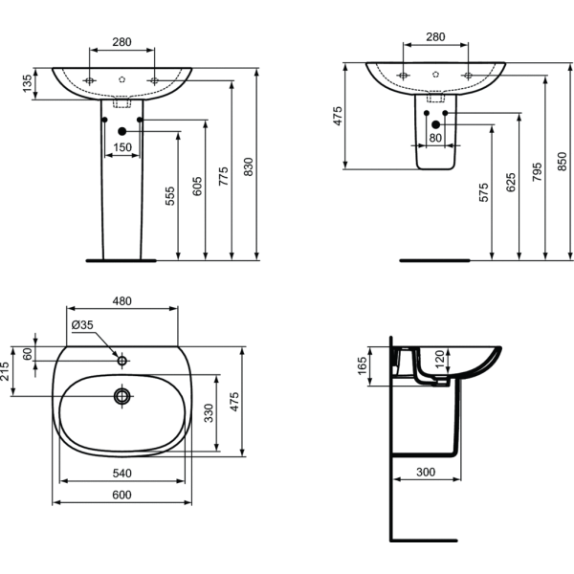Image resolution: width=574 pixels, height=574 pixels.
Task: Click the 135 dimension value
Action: [27, 85]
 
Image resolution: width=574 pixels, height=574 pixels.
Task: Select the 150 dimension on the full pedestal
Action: [122, 146]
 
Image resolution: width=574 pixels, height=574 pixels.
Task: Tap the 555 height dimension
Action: [170, 195]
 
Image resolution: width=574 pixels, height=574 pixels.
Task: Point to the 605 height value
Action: [198, 187]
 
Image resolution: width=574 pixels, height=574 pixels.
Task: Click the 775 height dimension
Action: [225, 176]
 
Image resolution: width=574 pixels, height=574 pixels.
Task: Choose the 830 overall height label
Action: [250, 167]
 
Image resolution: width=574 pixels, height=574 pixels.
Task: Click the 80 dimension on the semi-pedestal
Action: [435, 138]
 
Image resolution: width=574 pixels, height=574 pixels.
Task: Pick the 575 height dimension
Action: [484, 192]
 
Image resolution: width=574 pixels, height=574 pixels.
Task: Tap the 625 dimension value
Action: [511, 182]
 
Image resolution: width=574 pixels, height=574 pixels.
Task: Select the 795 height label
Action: [537, 172]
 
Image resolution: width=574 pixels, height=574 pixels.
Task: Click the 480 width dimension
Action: [122, 300]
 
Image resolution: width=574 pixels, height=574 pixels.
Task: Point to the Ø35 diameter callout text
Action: [82, 325]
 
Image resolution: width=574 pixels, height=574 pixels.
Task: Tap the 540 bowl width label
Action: [122, 472]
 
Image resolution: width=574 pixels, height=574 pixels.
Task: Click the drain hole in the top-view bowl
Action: [121, 395]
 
